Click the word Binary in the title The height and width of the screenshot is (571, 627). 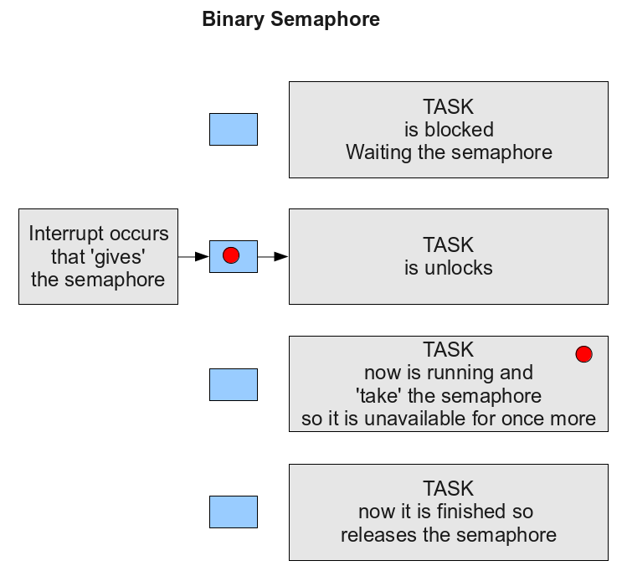[233, 20]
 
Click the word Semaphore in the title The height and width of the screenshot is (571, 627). [325, 19]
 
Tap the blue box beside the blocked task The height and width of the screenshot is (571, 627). [234, 129]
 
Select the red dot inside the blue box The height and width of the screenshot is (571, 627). [231, 255]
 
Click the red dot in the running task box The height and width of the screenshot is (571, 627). [583, 354]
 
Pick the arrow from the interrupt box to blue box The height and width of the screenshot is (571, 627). [193, 257]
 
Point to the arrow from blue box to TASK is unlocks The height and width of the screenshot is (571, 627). [273, 257]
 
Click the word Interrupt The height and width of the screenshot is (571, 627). [67, 234]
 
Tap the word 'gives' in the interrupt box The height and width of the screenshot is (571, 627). [120, 257]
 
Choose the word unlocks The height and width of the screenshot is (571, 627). [459, 268]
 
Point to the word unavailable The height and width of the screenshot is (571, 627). [415, 419]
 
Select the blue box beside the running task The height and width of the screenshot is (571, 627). [234, 384]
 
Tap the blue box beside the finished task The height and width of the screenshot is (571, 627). [234, 512]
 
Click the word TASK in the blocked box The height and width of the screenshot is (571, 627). [448, 107]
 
